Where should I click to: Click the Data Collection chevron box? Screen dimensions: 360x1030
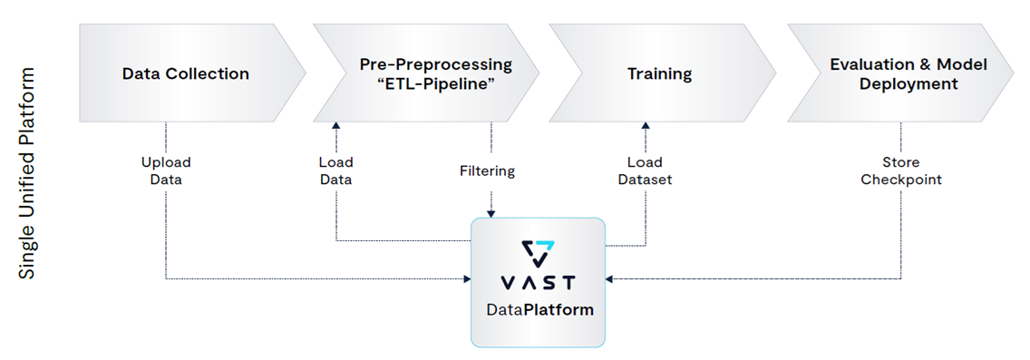click(186, 73)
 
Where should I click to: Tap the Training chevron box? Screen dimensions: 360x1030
click(659, 73)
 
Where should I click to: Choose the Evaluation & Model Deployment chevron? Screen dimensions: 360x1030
click(907, 73)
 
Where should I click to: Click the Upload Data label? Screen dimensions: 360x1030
click(166, 170)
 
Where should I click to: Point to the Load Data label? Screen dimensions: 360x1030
click(335, 170)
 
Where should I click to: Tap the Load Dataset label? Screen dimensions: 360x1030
click(646, 170)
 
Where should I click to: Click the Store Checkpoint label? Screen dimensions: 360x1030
click(900, 170)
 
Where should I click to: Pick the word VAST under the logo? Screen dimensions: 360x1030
click(538, 282)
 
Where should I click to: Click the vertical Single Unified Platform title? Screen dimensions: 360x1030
click(28, 172)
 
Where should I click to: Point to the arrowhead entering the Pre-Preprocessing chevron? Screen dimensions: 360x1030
click(335, 127)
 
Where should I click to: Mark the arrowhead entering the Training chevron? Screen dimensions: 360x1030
click(646, 127)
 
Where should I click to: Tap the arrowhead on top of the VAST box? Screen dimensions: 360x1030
click(491, 214)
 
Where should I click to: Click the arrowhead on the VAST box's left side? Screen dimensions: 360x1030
click(466, 278)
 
